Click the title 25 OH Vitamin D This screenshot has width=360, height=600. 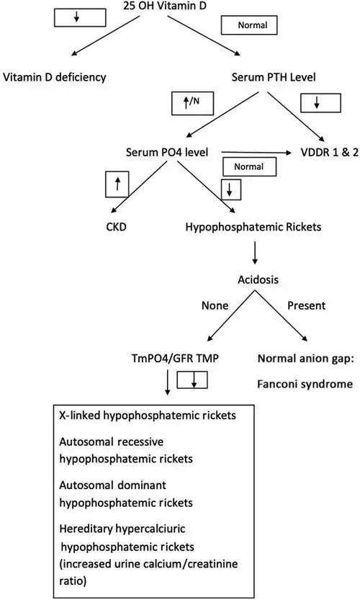click(165, 5)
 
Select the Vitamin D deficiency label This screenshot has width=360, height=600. click(55, 77)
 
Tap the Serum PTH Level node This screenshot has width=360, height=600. click(274, 77)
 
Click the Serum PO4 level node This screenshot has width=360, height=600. click(167, 152)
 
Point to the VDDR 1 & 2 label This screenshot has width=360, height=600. click(330, 152)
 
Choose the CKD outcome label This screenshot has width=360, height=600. click(117, 227)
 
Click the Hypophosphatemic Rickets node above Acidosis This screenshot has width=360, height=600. click(253, 227)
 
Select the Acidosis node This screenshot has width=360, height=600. click(258, 279)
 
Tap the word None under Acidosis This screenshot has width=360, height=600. click(215, 305)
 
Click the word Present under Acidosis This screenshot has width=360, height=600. click(307, 305)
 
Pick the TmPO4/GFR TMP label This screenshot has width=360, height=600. click(175, 359)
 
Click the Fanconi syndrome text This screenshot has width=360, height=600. click(305, 384)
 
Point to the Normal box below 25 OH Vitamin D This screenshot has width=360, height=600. click(249, 25)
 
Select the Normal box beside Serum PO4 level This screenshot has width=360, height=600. click(249, 167)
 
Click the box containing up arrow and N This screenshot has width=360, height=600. click(192, 102)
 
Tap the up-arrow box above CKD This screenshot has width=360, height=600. click(117, 184)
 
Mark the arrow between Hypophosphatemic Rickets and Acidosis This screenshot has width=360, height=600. click(255, 253)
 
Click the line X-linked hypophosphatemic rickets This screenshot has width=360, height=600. click(148, 416)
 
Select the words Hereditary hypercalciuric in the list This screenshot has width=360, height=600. click(122, 529)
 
